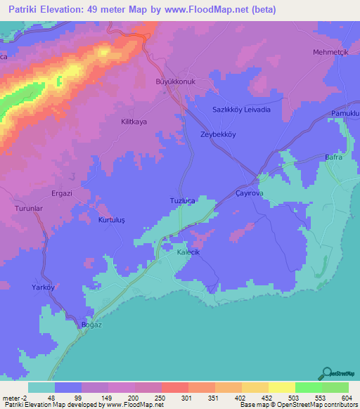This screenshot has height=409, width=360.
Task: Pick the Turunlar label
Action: click(30, 209)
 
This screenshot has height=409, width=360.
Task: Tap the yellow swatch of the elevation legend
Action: click(281, 387)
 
